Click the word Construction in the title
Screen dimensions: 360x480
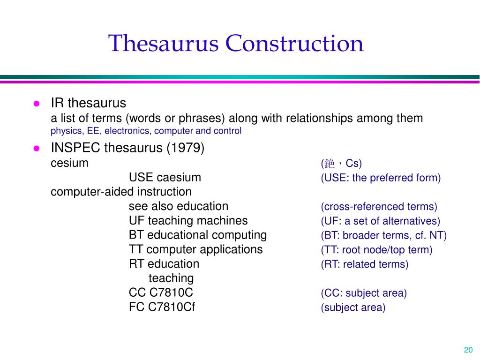pos(294,44)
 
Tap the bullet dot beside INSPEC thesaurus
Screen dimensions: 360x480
pos(36,149)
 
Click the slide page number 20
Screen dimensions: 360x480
pos(467,350)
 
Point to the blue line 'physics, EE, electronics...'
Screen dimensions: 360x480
pos(146,131)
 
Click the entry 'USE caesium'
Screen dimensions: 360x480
pos(165,178)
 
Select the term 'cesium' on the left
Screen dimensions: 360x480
pos(69,163)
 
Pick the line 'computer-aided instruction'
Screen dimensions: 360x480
pos(121,192)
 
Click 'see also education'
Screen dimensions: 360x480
pos(178,206)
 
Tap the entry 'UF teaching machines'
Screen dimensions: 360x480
pos(188,221)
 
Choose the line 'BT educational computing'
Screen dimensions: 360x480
pos(197,235)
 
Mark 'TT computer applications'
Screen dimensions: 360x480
pos(195,249)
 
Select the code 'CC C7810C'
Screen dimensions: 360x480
pos(161,293)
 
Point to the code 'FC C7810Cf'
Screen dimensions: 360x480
pos(162,307)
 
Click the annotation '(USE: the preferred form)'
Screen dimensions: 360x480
pos(381,178)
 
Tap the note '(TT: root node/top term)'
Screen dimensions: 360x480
pos(376,250)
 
